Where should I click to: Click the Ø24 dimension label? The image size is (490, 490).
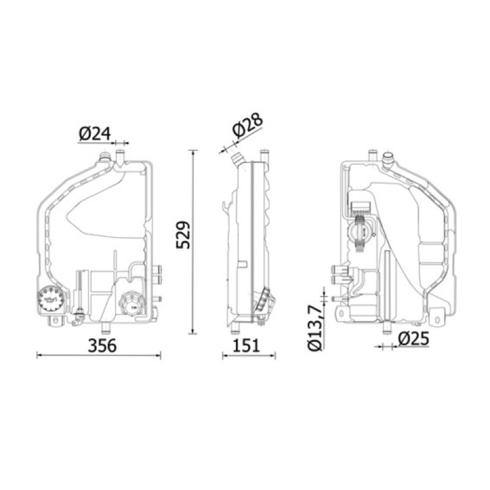[95, 134]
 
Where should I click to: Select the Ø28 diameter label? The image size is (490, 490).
[248, 126]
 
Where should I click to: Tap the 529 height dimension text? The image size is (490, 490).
[183, 235]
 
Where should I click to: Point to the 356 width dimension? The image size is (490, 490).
[102, 345]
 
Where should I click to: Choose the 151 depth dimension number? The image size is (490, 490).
[246, 345]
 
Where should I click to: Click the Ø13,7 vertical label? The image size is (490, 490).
[315, 328]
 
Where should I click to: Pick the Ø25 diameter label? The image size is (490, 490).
[414, 339]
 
